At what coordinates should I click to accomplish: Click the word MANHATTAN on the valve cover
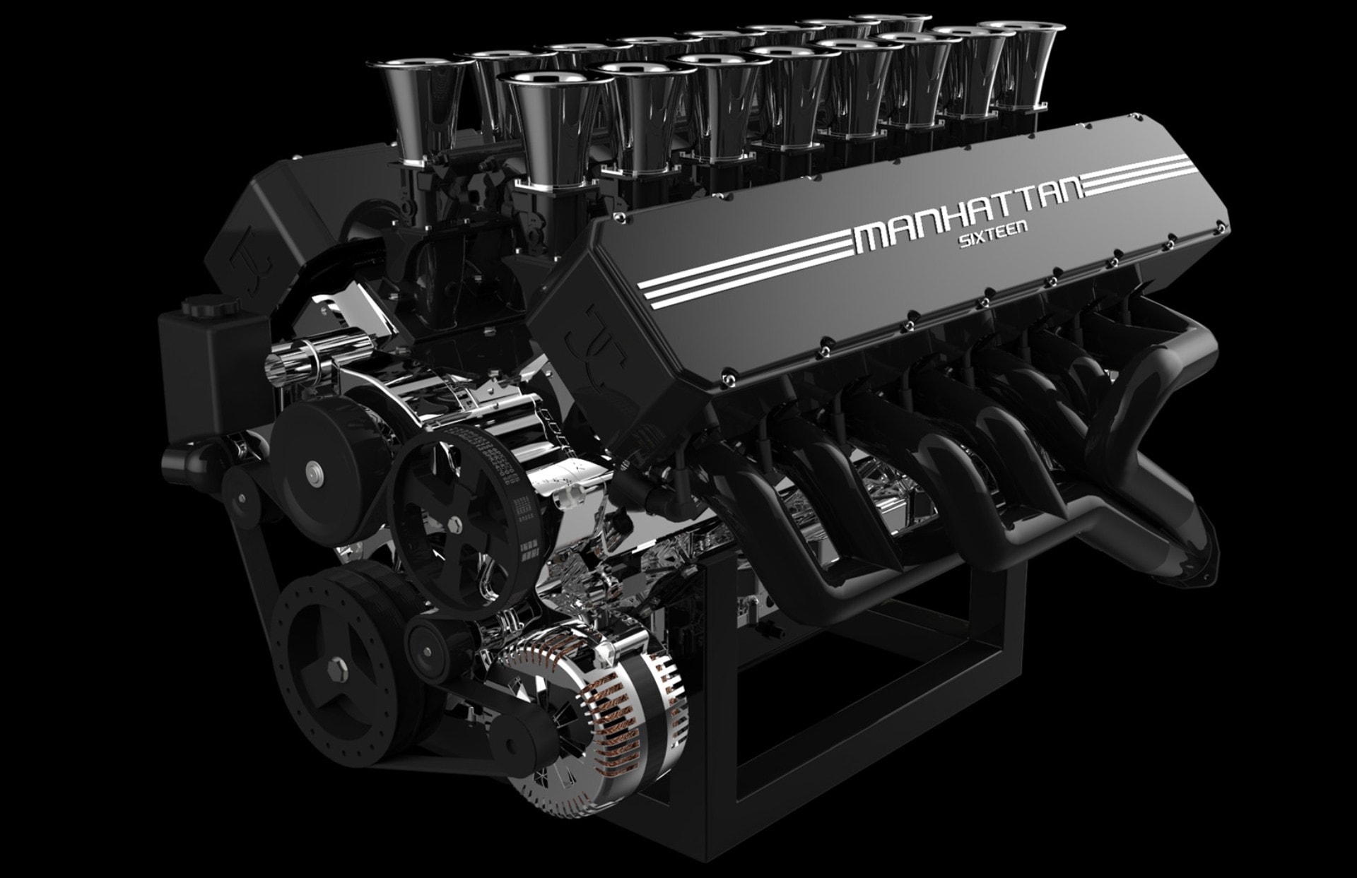coord(968,213)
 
